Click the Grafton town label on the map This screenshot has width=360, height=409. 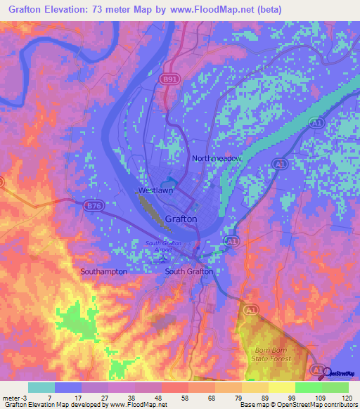pyautogui.click(x=181, y=219)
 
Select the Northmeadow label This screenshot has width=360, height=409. pyautogui.click(x=217, y=159)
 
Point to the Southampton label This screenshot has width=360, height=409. pyautogui.click(x=103, y=271)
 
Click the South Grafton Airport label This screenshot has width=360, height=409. pyautogui.click(x=163, y=246)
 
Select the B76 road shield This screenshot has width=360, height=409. pyautogui.click(x=93, y=206)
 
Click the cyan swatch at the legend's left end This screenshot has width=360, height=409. pyautogui.click(x=41, y=387)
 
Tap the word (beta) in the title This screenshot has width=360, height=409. pyautogui.click(x=269, y=10)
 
